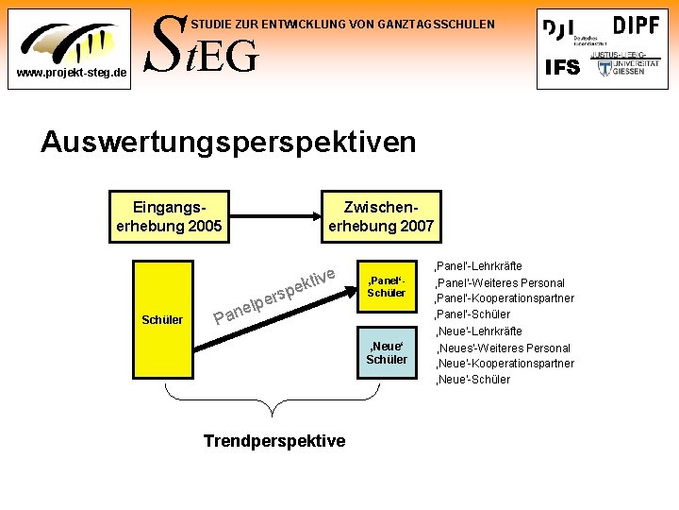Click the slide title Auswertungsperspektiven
pyautogui.click(x=227, y=143)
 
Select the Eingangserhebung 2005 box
pyautogui.click(x=169, y=215)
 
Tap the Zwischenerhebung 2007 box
pyautogui.click(x=380, y=215)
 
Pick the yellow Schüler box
pyautogui.click(x=162, y=319)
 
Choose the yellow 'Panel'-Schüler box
pyautogui.click(x=387, y=286)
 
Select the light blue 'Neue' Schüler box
pyautogui.click(x=387, y=353)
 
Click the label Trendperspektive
pyautogui.click(x=274, y=441)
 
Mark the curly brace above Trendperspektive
pyautogui.click(x=274, y=401)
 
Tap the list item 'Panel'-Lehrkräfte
pyautogui.click(x=478, y=266)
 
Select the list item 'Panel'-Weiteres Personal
pyautogui.click(x=499, y=282)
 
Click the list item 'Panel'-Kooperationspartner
pyautogui.click(x=504, y=298)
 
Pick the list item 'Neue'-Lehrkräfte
pyautogui.click(x=478, y=331)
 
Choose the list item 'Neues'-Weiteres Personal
pyautogui.click(x=502, y=348)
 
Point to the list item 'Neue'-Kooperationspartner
pyautogui.click(x=504, y=364)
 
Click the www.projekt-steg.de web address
pyautogui.click(x=67, y=73)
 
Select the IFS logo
pyautogui.click(x=563, y=67)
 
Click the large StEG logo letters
pyautogui.click(x=199, y=47)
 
